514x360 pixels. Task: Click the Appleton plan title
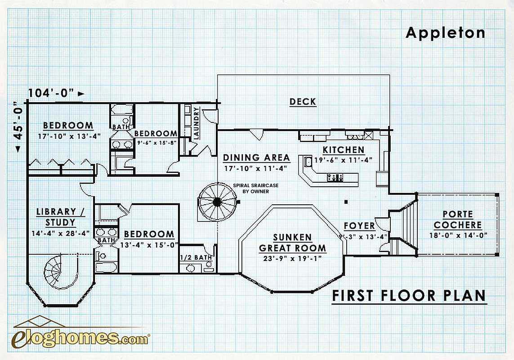[445, 33]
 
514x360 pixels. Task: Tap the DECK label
[303, 102]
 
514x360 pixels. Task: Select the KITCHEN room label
[344, 150]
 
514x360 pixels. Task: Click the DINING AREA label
[256, 158]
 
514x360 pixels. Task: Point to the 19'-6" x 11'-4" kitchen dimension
[343, 160]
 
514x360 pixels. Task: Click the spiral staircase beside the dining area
[217, 202]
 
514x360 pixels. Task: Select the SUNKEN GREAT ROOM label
[292, 243]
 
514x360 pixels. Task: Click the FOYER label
[359, 226]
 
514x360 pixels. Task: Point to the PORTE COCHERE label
[458, 220]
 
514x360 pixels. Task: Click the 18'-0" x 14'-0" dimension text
[458, 235]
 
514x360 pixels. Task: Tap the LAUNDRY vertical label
[197, 123]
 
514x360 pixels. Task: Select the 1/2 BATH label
[196, 257]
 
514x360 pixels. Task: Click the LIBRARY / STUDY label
[61, 217]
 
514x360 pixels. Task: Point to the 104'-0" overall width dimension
[56, 93]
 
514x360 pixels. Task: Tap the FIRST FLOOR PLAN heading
[409, 296]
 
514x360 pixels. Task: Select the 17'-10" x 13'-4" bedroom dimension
[69, 136]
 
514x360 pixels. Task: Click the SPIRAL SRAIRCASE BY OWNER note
[256, 188]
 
